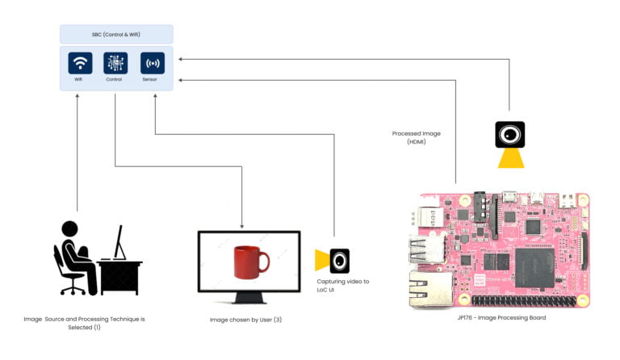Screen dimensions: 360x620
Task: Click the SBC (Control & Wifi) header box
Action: click(116, 34)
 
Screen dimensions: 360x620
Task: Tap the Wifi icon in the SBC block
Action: click(79, 63)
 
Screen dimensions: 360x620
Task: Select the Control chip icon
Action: click(115, 63)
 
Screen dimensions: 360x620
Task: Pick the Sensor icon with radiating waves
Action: click(153, 63)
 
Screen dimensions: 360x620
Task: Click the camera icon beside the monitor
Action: click(339, 260)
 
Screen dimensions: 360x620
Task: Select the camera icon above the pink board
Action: click(509, 134)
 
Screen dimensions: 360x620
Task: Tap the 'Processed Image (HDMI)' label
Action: click(417, 137)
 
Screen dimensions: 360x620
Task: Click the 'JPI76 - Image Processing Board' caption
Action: click(501, 318)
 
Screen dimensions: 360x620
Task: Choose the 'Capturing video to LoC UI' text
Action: click(343, 285)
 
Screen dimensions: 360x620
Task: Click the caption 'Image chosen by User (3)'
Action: click(245, 320)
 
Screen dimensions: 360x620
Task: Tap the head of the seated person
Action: click(70, 229)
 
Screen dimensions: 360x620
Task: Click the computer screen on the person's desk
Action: click(119, 241)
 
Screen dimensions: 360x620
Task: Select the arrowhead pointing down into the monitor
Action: click(242, 226)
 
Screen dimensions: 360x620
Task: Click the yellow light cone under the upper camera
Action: click(509, 157)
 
